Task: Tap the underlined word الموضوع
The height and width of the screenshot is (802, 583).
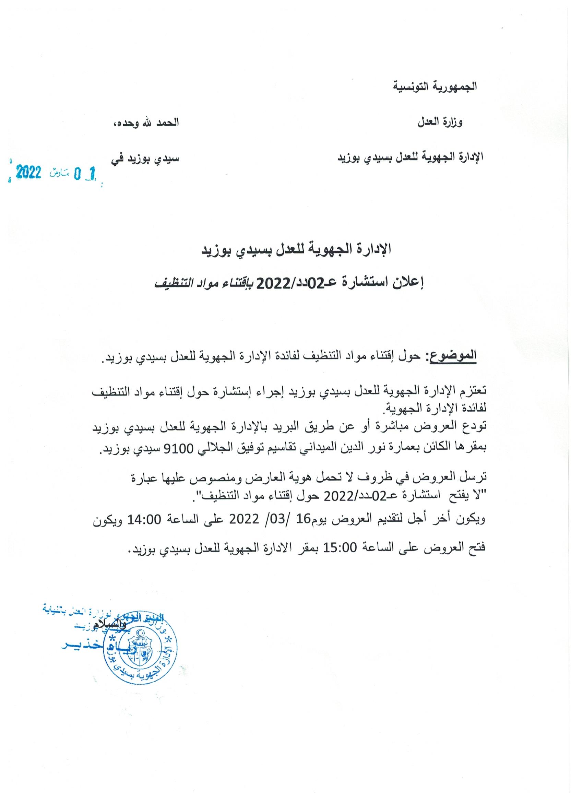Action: tap(453, 355)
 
